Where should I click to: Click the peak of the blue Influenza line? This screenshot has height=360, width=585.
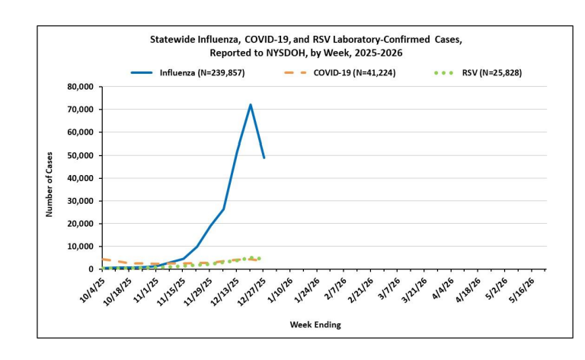pos(251,105)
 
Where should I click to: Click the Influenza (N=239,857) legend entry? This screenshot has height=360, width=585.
pos(201,72)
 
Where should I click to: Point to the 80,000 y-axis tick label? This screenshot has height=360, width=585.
pos(78,87)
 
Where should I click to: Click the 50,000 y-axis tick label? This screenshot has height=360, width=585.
pos(78,155)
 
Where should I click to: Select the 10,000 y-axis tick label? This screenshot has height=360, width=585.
pos(78,247)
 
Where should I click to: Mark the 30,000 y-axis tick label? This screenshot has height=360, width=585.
pos(78,201)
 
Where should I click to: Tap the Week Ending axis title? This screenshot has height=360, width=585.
pos(315,325)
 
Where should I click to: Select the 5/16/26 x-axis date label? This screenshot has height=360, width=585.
pos(528,290)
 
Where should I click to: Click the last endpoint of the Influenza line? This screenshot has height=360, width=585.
pos(264,158)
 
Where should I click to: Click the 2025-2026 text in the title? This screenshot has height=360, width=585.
pos(378,53)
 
